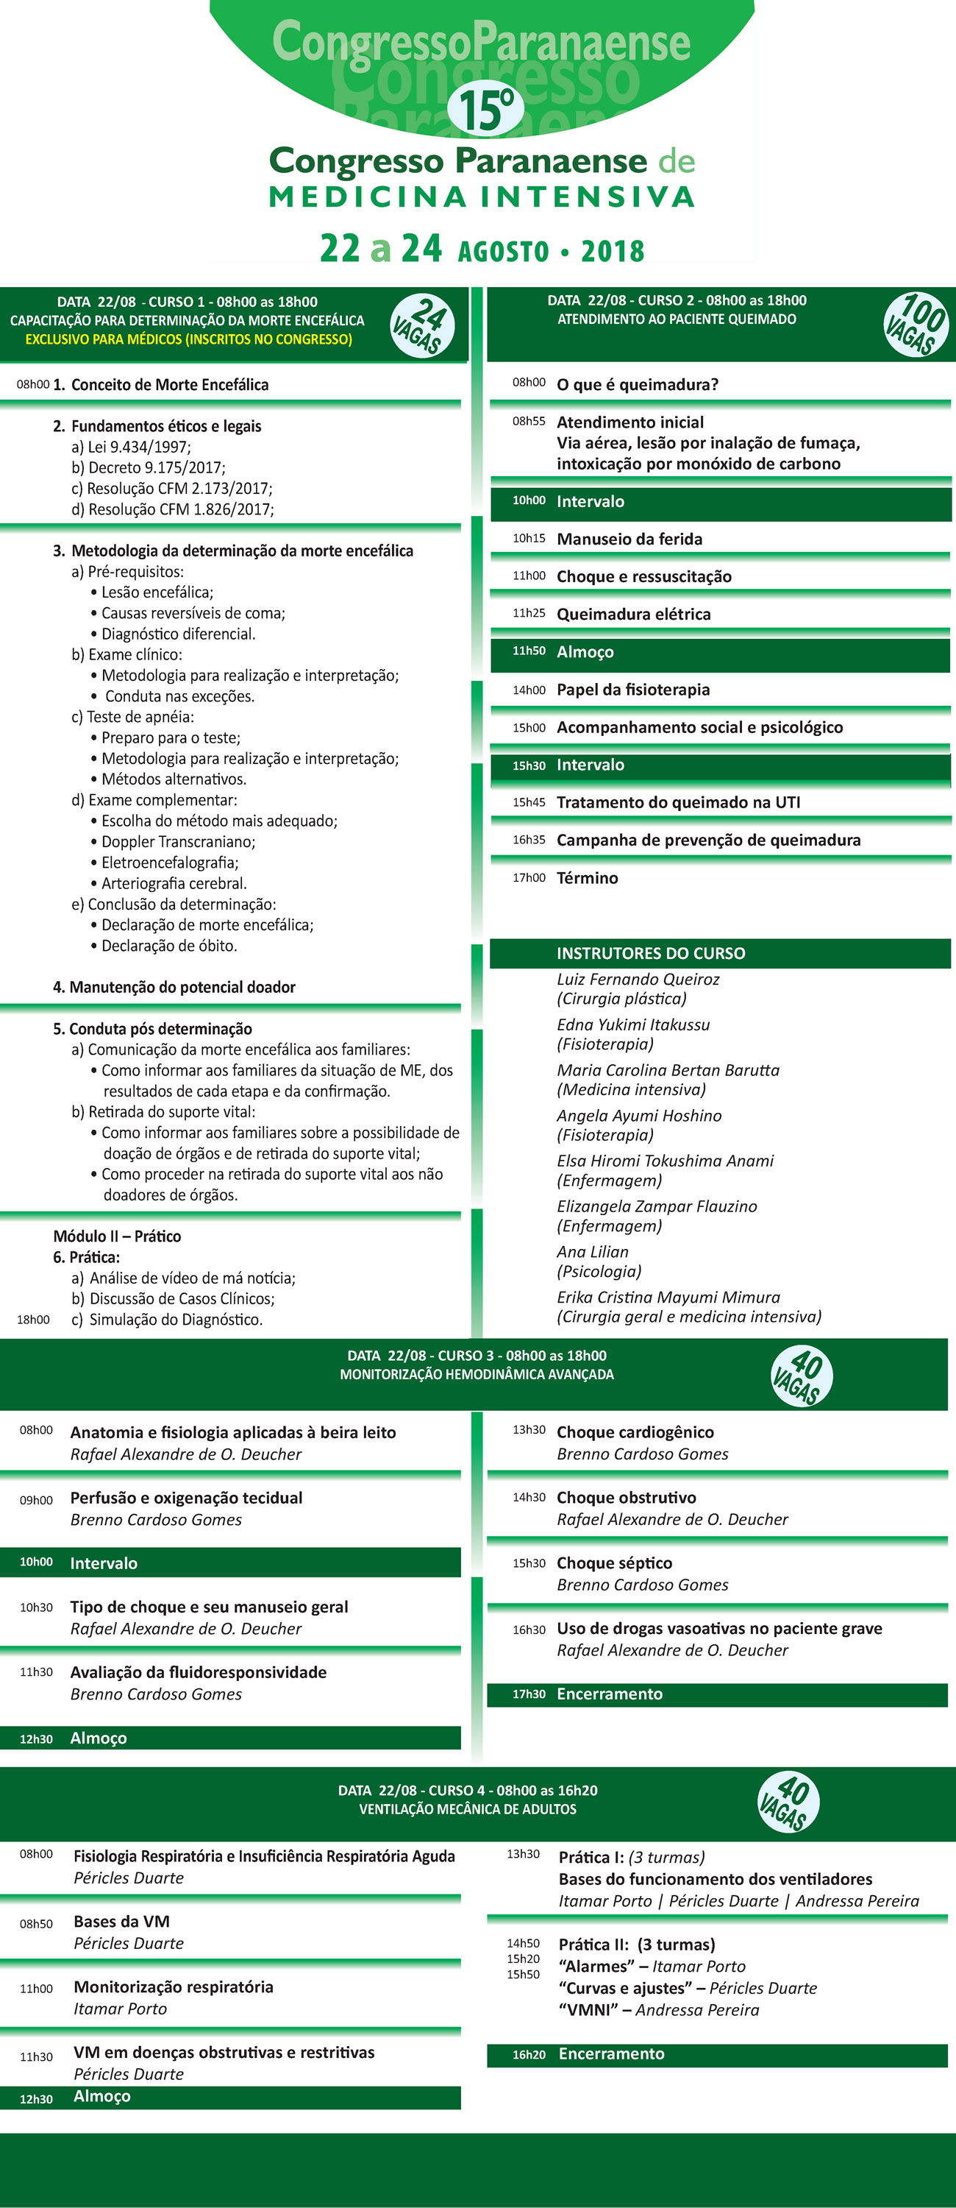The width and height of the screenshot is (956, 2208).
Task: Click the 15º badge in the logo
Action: (485, 110)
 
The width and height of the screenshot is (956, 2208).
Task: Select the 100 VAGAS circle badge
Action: (916, 324)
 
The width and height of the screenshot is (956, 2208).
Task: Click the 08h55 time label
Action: (529, 421)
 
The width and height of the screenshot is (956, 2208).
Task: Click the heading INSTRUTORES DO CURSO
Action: (650, 953)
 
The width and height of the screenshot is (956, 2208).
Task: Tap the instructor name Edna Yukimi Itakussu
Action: (633, 1025)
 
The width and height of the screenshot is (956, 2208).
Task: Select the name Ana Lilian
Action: (593, 1251)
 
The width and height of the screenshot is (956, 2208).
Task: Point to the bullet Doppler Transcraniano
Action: (177, 842)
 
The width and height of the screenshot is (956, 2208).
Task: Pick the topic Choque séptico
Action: (614, 1563)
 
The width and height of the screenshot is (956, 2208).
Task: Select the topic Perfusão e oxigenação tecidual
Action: (186, 1498)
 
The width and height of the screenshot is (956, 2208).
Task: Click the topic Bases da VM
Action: (121, 1921)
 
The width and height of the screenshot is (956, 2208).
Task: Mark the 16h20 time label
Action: (529, 2055)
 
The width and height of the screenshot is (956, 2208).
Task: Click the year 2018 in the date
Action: (613, 251)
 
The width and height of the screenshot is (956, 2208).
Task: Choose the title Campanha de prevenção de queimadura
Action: (708, 840)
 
